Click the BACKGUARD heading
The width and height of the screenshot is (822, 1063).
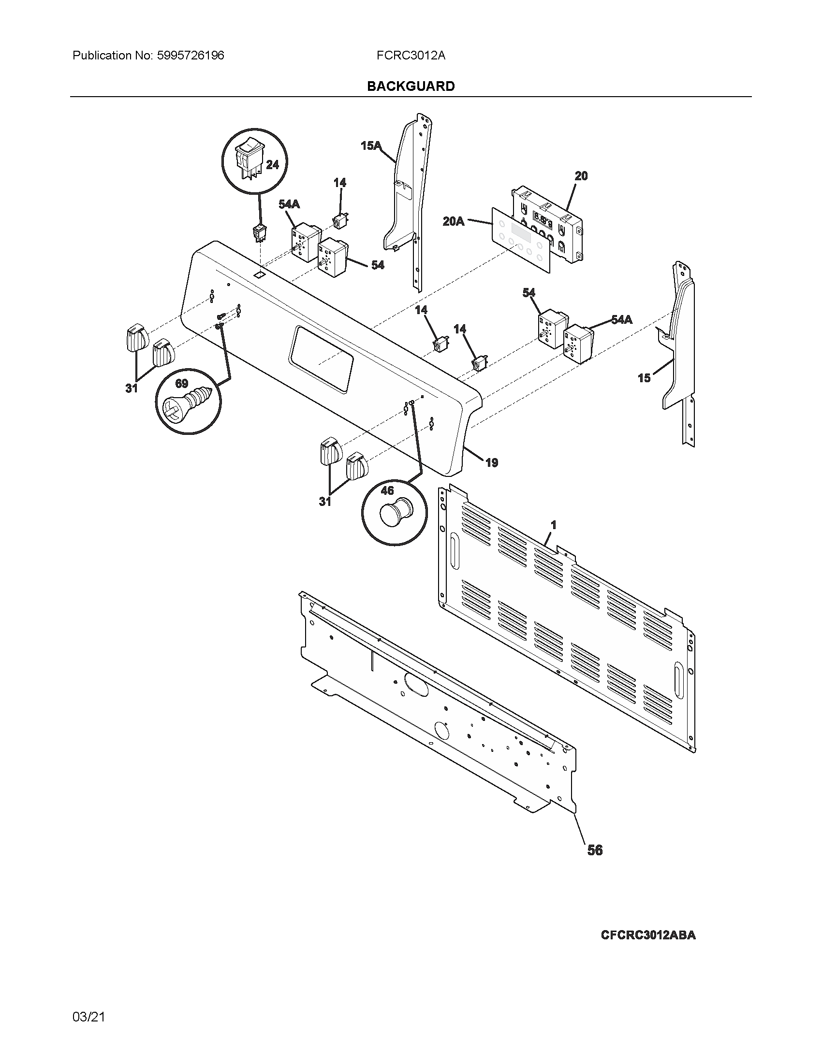(411, 86)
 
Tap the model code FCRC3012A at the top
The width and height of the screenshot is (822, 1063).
(411, 56)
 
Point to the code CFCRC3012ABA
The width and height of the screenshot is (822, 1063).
(647, 934)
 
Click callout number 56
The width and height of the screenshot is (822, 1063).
(595, 850)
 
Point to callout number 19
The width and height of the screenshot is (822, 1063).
(492, 463)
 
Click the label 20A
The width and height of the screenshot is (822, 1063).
(453, 222)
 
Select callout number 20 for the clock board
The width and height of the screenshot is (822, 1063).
(581, 176)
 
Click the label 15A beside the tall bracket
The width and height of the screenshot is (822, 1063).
(370, 145)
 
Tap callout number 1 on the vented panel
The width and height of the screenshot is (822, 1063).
(553, 525)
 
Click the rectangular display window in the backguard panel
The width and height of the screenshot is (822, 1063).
(321, 359)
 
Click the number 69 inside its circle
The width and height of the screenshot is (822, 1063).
(181, 384)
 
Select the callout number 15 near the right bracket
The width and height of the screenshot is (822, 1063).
(644, 378)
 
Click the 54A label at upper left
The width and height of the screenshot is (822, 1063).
(289, 204)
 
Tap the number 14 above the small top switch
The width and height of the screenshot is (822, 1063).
(339, 183)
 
